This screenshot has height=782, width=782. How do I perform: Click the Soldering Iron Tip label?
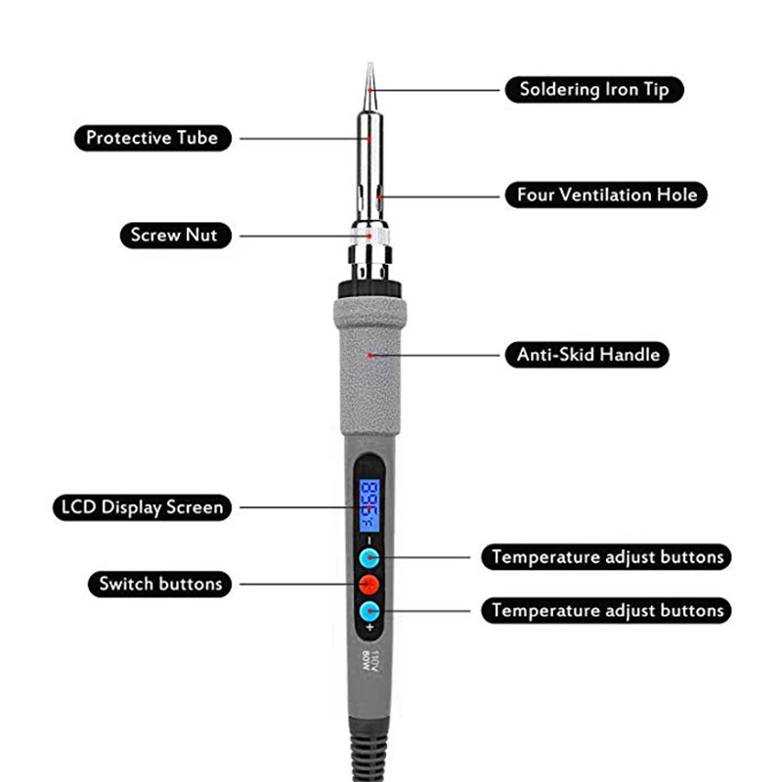pyautogui.click(x=594, y=90)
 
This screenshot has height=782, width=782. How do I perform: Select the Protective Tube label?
pyautogui.click(x=152, y=138)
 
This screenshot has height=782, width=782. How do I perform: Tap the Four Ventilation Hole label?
pyautogui.click(x=606, y=195)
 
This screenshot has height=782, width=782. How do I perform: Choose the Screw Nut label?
pyautogui.click(x=176, y=235)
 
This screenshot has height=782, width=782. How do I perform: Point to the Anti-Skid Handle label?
pyautogui.click(x=587, y=355)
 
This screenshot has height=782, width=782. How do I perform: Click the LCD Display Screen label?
pyautogui.click(x=142, y=507)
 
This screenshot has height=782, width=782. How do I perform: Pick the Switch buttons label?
pyautogui.click(x=160, y=584)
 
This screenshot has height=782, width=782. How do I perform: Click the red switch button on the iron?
pyautogui.click(x=369, y=585)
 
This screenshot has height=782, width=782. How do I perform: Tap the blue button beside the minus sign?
pyautogui.click(x=369, y=558)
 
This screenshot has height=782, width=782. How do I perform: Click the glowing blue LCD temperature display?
pyautogui.click(x=369, y=505)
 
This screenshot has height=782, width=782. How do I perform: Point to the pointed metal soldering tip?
pyautogui.click(x=369, y=87)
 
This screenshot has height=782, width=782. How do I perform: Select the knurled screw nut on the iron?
pyautogui.click(x=369, y=237)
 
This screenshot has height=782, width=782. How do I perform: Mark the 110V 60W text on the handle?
pyautogui.click(x=369, y=661)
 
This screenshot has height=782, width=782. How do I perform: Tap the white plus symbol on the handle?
pyautogui.click(x=369, y=628)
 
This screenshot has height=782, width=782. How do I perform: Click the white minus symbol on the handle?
pyautogui.click(x=369, y=541)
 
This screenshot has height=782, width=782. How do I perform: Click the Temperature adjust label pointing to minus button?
pyautogui.click(x=606, y=557)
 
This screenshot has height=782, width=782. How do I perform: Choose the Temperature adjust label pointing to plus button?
pyautogui.click(x=606, y=610)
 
